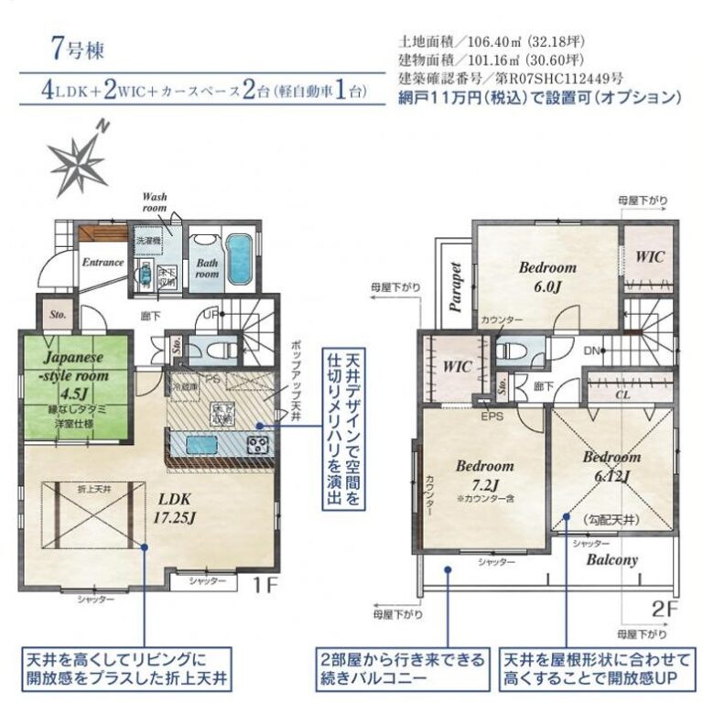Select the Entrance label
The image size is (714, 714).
[x=103, y=263]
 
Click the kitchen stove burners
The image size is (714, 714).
[x=258, y=446]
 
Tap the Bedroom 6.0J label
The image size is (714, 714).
[x=547, y=276]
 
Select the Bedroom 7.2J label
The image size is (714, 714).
[x=484, y=472]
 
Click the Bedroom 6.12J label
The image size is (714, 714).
[x=611, y=465]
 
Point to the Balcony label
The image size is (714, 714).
[x=611, y=559]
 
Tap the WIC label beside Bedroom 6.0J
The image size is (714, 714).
[x=650, y=256]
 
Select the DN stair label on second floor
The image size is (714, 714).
[x=591, y=351]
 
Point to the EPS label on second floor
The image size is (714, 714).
[x=492, y=416]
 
